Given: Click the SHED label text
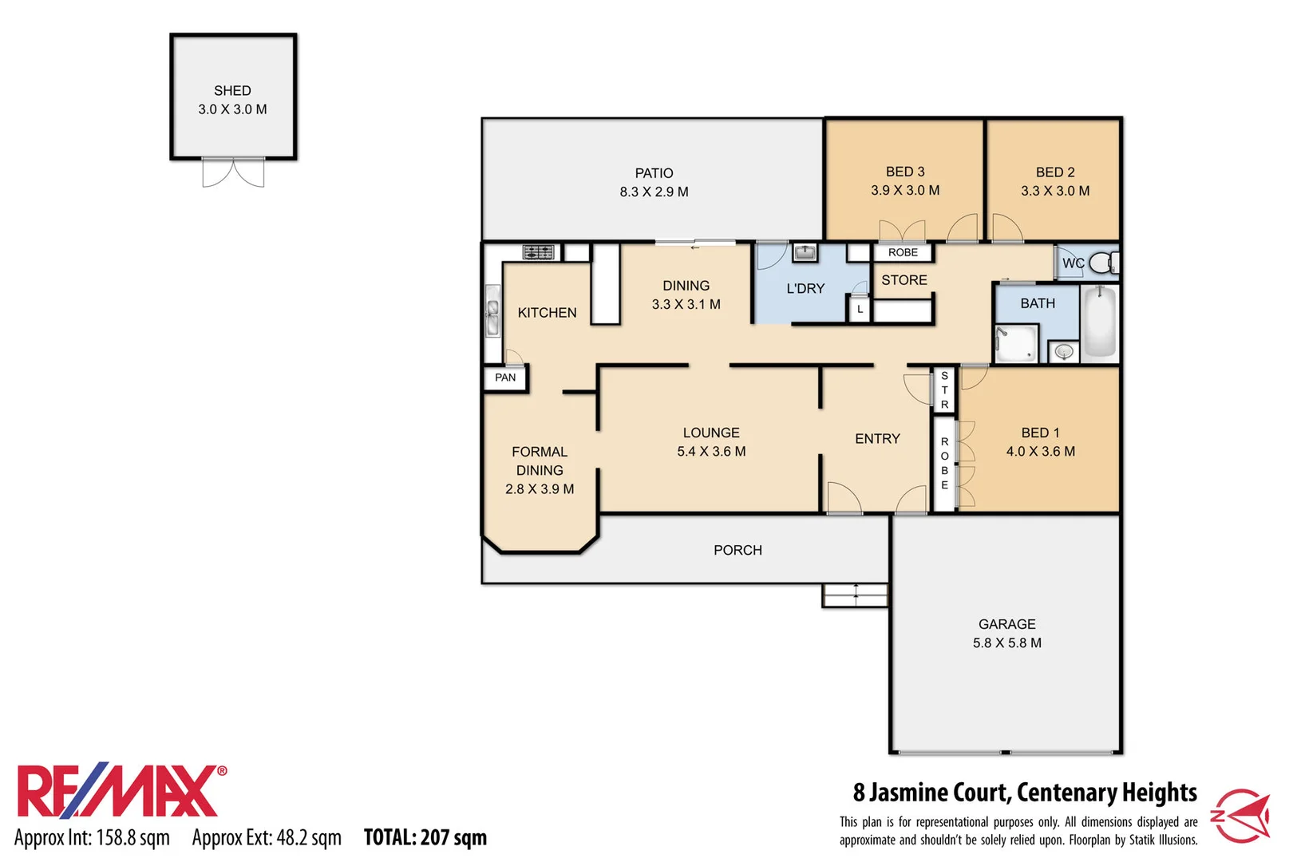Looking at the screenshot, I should pos(232,91).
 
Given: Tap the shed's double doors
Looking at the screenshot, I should pos(233,172).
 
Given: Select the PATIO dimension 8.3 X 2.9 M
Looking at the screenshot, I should pos(654,192).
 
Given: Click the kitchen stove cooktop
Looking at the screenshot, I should pos(538,252).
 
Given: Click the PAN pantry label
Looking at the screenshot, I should pos(505,378).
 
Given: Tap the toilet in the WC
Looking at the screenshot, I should pos(1104,262).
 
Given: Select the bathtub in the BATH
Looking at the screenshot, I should pos(1100,322).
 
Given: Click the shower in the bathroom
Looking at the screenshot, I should pos(1016,344).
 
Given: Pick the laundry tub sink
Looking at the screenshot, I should pos(805,253).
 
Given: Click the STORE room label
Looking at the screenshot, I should pos(904,280).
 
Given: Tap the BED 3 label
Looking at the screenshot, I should pos(905,172).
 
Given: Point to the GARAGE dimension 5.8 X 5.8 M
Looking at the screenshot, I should pos(1006,643).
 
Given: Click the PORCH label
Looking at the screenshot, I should pos(737,550).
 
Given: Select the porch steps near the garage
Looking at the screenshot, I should pos(855,595).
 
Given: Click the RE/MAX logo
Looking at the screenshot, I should pos(120,792).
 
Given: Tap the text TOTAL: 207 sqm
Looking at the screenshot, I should pos(425,837).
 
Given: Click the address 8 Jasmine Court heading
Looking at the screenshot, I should pos(1024,793).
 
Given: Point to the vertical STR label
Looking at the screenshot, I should pos(944,389).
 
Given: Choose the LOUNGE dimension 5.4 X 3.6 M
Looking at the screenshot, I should pos(711,451).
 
